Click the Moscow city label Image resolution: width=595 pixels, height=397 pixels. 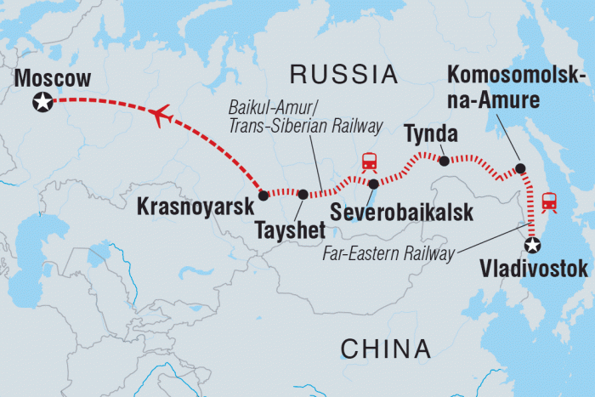tap(53, 79)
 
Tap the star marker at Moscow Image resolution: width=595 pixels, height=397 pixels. tap(40, 103)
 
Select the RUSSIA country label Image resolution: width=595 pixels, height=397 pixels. tap(344, 74)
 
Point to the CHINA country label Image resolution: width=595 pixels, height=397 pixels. tap(385, 348)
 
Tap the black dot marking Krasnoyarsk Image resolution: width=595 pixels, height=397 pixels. tap(263, 195)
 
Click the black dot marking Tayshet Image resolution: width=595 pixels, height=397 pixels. tap(303, 195)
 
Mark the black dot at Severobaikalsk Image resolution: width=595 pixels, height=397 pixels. tap(373, 183)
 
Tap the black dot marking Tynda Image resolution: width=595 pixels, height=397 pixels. tap(443, 159)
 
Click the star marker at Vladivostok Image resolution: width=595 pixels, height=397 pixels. tap(532, 246)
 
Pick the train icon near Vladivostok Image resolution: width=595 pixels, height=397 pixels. tap(550, 201)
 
